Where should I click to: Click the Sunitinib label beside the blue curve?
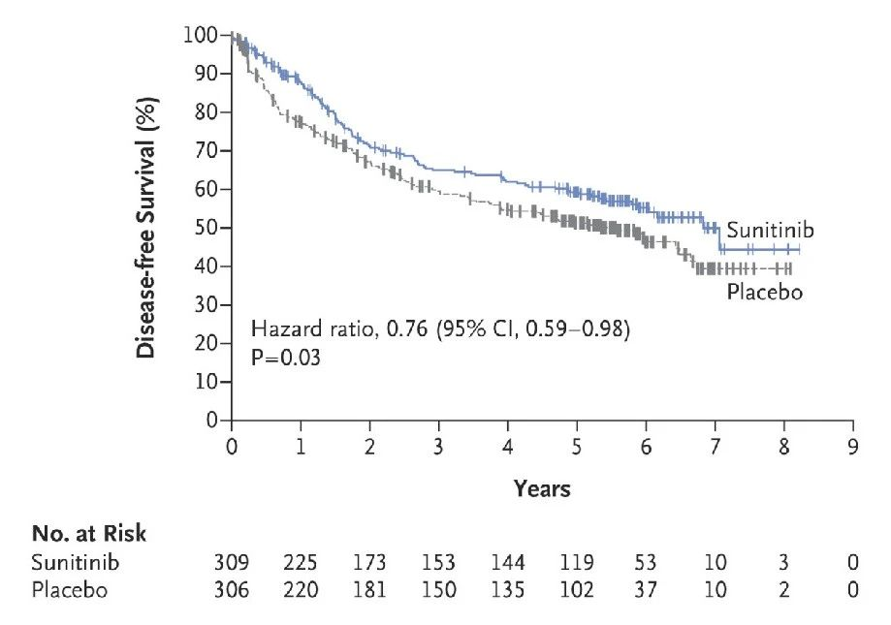point(770,230)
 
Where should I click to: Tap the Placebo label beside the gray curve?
point(765,292)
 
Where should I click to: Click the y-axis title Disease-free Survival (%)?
point(146,228)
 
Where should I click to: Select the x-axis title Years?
point(542,488)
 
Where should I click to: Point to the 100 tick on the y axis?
point(201,35)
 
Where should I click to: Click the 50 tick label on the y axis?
point(207,228)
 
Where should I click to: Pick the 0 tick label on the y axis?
point(212,421)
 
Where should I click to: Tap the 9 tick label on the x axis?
point(853,448)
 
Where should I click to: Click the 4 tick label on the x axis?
point(507,448)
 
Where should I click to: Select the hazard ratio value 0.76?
point(407,328)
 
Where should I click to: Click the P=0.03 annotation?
point(286,358)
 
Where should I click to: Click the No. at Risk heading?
point(89,534)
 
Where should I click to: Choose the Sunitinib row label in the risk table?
point(75,562)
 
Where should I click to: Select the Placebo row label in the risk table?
point(70,589)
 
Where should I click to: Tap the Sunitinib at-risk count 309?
point(232,562)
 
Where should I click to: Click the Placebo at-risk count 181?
point(369,589)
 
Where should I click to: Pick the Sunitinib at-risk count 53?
point(646,562)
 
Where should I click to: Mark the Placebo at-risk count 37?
point(646,589)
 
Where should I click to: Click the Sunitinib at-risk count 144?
point(507,562)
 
